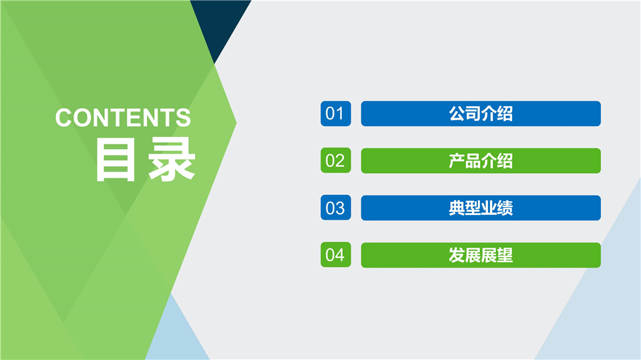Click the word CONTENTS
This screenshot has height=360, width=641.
(123, 118)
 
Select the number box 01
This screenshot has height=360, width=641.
(335, 114)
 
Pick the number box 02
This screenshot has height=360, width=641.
(335, 161)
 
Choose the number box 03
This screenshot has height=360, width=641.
(335, 208)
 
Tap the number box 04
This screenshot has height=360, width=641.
(335, 255)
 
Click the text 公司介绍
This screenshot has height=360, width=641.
(481, 114)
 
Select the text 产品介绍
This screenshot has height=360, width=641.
(481, 161)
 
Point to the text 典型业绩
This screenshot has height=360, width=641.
(481, 208)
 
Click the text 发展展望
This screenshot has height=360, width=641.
(481, 255)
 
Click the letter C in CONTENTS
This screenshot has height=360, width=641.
(64, 118)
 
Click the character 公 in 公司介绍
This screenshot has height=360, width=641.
(457, 114)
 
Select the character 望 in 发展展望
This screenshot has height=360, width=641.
(505, 255)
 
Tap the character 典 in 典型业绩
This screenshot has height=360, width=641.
(457, 208)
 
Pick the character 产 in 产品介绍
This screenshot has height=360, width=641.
(457, 161)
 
